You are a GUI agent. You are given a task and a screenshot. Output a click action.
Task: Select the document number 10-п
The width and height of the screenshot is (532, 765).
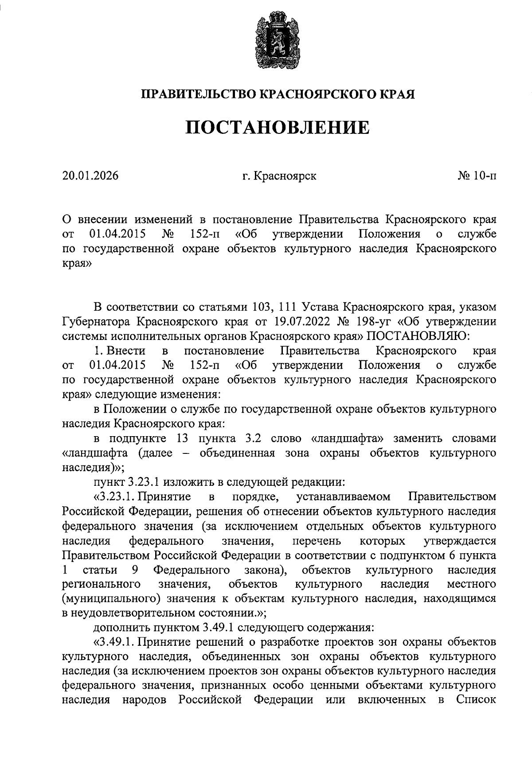pos(484,176)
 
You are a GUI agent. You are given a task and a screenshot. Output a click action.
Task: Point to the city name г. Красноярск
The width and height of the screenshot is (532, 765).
pos(279,176)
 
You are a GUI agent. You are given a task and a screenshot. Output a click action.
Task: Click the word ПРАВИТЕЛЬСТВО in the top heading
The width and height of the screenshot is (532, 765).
pos(198,94)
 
